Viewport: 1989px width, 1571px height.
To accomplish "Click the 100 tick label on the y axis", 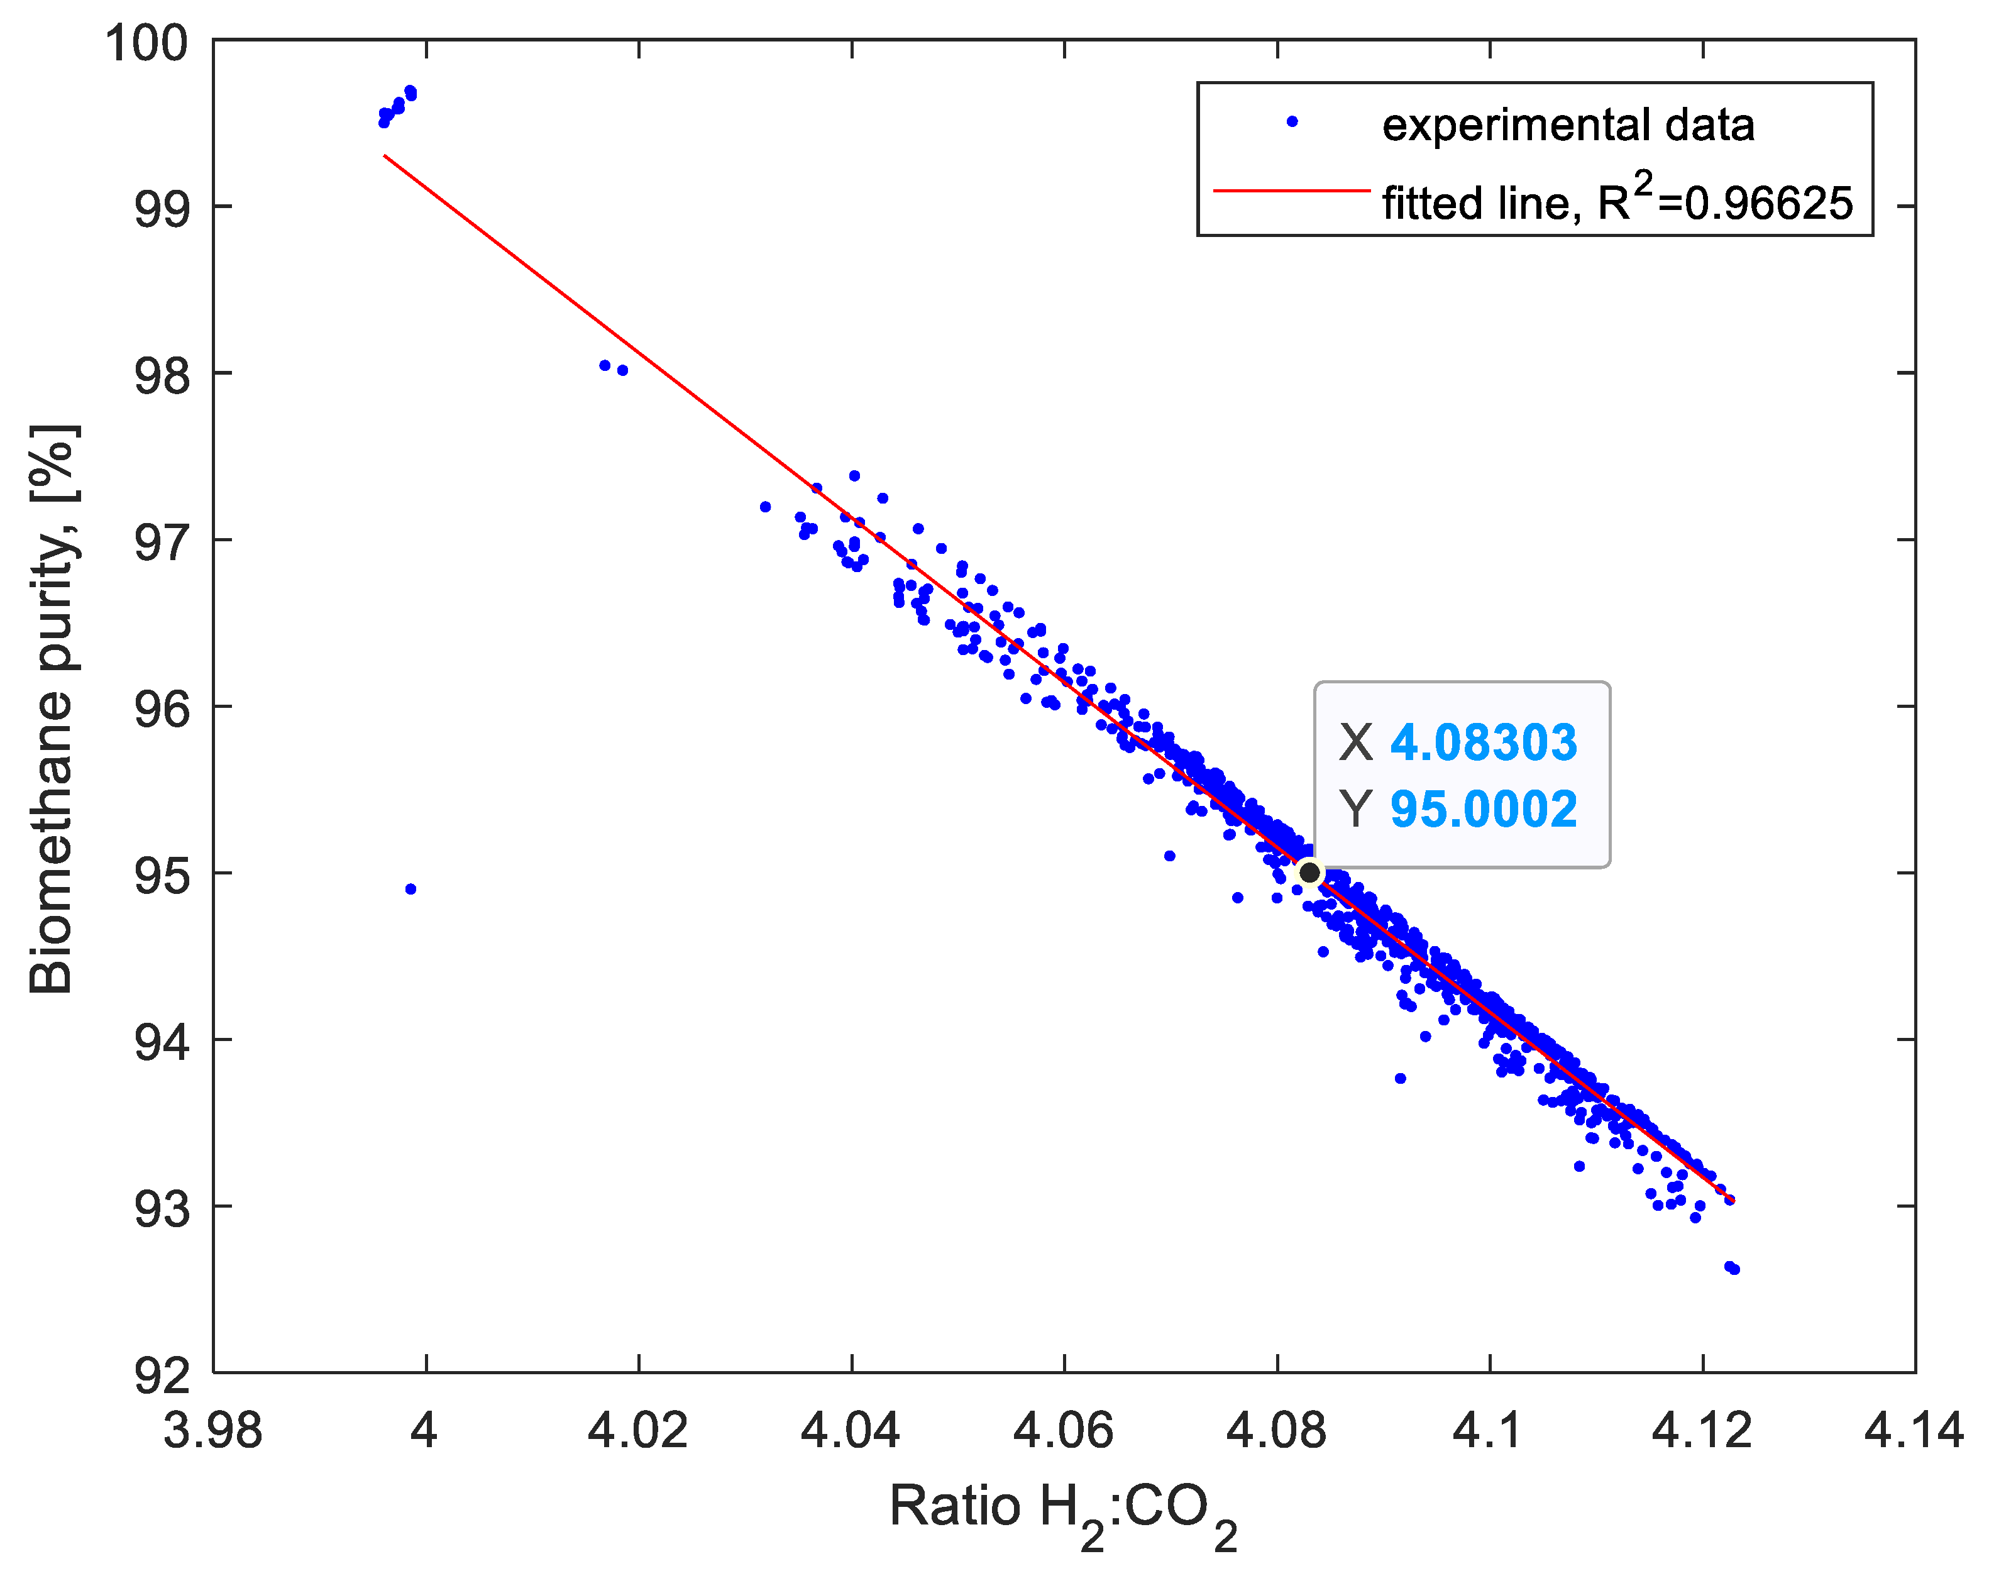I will point(146,43).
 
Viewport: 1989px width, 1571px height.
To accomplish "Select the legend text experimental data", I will point(1568,124).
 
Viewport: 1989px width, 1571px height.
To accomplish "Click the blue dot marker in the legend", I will point(1292,121).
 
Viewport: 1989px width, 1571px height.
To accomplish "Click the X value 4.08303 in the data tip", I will point(1483,742).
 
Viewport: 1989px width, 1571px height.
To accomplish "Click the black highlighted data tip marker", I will point(1309,872).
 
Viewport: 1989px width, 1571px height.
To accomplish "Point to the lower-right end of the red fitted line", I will point(1733,1199).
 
